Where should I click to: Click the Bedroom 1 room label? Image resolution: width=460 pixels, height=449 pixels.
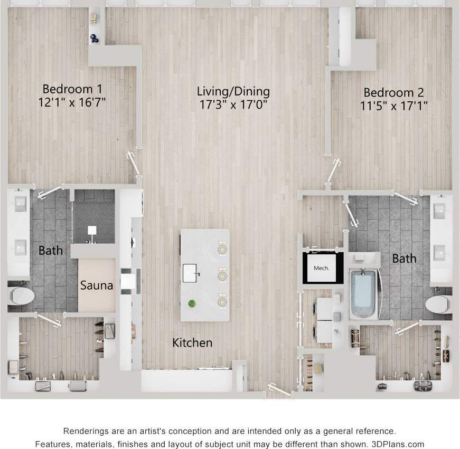[x=72, y=89]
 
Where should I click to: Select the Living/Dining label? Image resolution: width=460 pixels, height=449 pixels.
[x=233, y=91]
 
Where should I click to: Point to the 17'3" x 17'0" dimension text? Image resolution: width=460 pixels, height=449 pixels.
[x=233, y=104]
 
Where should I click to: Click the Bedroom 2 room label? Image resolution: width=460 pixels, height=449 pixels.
[x=393, y=92]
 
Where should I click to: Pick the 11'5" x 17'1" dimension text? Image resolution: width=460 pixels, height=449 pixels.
[x=393, y=106]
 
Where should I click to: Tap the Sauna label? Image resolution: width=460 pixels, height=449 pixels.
[x=97, y=285]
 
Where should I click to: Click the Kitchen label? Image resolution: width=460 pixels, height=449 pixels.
[x=192, y=343]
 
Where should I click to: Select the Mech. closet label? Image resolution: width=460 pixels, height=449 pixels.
[x=321, y=268]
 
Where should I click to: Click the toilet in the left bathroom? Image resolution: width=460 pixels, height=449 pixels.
[x=21, y=295]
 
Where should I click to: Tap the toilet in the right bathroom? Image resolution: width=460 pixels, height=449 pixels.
[x=438, y=304]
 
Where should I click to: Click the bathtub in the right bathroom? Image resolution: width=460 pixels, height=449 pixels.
[x=363, y=294]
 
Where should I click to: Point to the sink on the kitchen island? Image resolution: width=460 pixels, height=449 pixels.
[x=191, y=273]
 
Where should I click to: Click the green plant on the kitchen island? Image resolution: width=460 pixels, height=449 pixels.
[x=192, y=303]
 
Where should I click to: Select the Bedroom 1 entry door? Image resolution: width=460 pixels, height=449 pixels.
[x=134, y=164]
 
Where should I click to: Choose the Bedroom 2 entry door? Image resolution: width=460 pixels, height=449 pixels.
[x=334, y=170]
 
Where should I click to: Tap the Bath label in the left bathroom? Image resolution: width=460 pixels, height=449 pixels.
[x=51, y=250]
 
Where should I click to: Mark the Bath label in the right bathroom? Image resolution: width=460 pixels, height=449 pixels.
[x=404, y=259]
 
